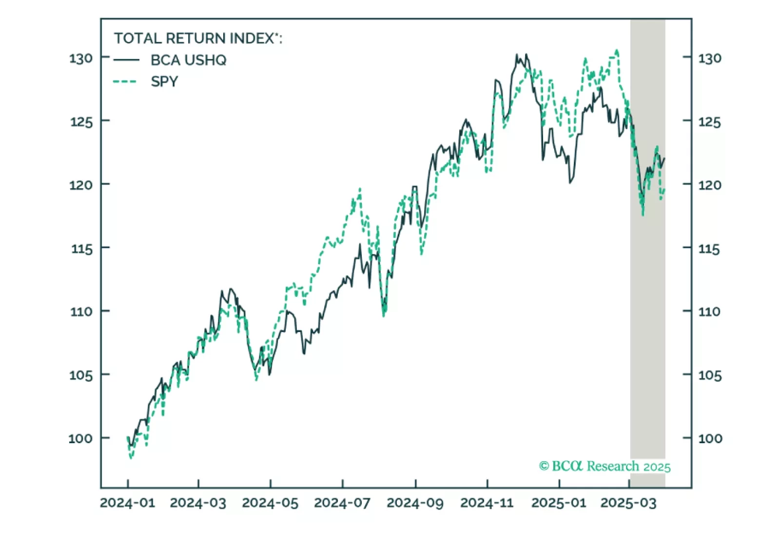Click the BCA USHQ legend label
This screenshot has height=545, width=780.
pyautogui.click(x=188, y=60)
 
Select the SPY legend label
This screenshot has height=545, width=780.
pyautogui.click(x=164, y=81)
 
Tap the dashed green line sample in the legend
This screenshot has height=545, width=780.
pyautogui.click(x=126, y=81)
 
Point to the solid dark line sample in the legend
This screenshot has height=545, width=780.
pyautogui.click(x=126, y=60)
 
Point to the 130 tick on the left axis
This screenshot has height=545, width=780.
pyautogui.click(x=81, y=58)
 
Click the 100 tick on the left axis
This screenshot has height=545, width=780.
pyautogui.click(x=80, y=438)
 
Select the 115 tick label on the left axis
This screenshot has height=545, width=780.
pyautogui.click(x=81, y=249)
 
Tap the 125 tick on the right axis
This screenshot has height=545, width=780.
pyautogui.click(x=709, y=121)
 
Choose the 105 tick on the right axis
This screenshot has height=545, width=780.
pyautogui.click(x=709, y=375)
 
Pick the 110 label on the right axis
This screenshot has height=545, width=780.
pyautogui.click(x=709, y=311)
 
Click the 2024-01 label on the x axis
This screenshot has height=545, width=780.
pyautogui.click(x=128, y=503)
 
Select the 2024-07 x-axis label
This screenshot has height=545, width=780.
pyautogui.click(x=342, y=503)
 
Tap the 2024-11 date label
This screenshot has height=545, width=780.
pyautogui.click(x=487, y=503)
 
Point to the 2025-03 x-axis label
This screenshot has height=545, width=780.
pyautogui.click(x=628, y=503)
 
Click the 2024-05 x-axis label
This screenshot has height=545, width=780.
pyautogui.click(x=270, y=503)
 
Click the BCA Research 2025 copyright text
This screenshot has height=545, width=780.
pyautogui.click(x=604, y=467)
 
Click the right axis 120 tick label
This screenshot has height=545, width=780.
pyautogui.click(x=709, y=185)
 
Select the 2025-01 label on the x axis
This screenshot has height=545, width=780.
pyautogui.click(x=559, y=503)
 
